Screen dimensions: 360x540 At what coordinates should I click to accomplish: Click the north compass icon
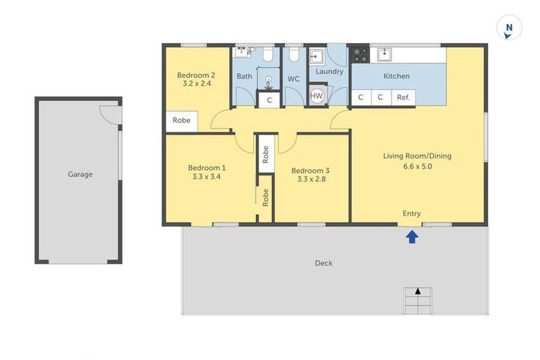(508, 29)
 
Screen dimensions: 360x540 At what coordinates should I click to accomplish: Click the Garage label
(79, 174)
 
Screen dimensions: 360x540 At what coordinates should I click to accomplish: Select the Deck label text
(323, 263)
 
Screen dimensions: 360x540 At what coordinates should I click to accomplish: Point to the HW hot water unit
(316, 96)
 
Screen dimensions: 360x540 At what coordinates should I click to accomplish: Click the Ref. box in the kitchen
(404, 98)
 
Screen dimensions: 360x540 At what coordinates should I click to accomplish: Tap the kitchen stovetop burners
(360, 53)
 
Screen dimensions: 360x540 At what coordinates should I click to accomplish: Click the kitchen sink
(384, 54)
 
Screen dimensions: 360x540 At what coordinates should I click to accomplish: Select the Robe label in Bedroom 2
(181, 120)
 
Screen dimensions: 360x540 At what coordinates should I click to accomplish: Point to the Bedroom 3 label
(310, 170)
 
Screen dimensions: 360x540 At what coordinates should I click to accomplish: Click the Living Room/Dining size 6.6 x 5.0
(417, 167)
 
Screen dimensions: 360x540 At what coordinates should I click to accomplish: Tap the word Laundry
(329, 72)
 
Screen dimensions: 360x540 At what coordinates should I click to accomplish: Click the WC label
(293, 79)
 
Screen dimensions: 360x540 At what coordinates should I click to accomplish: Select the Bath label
(244, 76)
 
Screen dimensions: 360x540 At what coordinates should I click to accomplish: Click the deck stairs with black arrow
(417, 301)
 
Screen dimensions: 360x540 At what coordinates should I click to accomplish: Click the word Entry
(412, 213)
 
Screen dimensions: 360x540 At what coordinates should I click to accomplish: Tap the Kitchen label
(397, 76)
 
